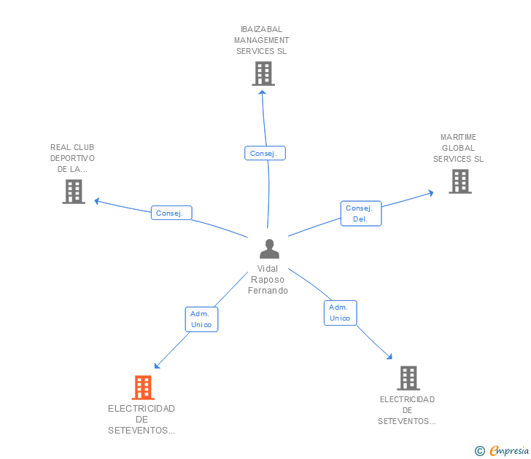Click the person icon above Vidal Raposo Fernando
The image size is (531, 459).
coord(269,249)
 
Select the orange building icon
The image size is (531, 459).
coord(143,387)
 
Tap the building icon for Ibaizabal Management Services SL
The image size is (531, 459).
coord(263,74)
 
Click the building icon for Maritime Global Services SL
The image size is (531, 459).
coord(460,181)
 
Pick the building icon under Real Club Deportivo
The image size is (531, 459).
coord(74,191)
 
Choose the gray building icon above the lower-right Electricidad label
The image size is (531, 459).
coord(408,378)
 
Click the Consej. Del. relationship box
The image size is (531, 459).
coord(360,213)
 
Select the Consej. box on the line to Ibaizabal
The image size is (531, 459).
coord(264,153)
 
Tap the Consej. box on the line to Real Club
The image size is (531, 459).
coord(171,213)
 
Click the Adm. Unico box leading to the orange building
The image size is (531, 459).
coord(201,319)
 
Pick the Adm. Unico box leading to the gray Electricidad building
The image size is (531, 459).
coord(340,313)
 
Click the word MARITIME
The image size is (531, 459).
coord(458,137)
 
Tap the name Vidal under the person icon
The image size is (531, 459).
coord(268,268)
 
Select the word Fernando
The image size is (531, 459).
coord(268,291)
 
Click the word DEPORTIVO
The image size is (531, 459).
coord(72,158)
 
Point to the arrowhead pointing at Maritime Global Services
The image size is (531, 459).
coord(430,193)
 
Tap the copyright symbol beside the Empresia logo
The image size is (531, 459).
coord(479,451)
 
